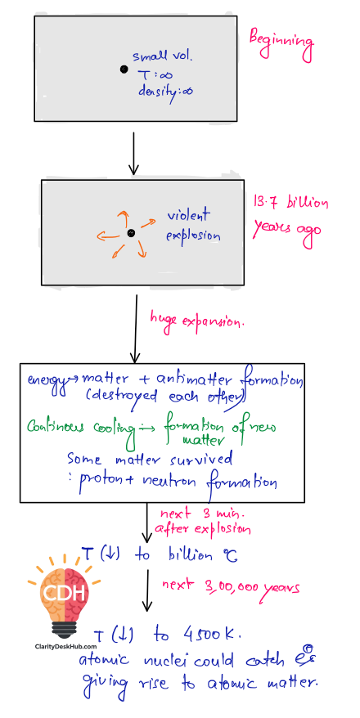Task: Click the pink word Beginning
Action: pyautogui.click(x=281, y=45)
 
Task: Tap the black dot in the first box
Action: pyautogui.click(x=124, y=70)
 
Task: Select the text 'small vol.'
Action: pyautogui.click(x=163, y=57)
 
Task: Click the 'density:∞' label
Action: pyautogui.click(x=166, y=91)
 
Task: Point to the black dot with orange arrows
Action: pyautogui.click(x=131, y=234)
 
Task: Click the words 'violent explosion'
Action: pyautogui.click(x=193, y=225)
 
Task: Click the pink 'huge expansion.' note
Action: pyautogui.click(x=197, y=320)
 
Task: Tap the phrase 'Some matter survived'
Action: pyautogui.click(x=150, y=458)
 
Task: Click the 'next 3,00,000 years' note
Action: pyautogui.click(x=231, y=586)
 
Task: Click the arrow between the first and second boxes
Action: pyautogui.click(x=133, y=154)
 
